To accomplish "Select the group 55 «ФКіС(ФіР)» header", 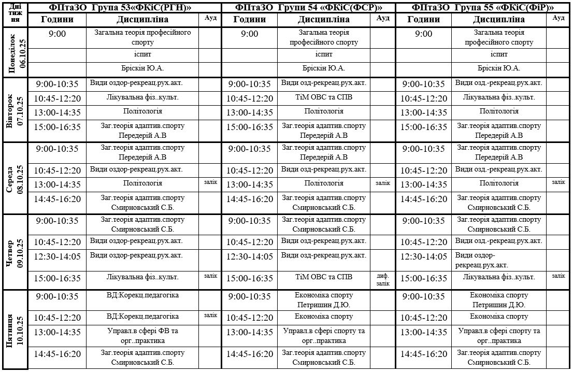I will coord(482,7).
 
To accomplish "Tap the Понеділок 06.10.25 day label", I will coord(16,52).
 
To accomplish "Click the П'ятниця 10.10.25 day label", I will coord(16,330).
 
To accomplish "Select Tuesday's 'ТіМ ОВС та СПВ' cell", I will coord(324,97).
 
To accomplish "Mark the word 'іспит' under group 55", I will coord(499,54).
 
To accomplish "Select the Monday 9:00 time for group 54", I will coord(249,34).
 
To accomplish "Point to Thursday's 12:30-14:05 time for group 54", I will coord(249,256).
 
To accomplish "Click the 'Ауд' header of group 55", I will coord(558,18).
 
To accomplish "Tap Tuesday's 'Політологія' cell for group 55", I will coord(499,111).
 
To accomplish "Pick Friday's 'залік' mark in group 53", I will coord(210,315).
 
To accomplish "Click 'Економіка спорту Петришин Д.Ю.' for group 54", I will coord(324,300).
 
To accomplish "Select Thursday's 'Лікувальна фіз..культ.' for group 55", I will coord(499,278).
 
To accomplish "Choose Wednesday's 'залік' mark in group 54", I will coord(383,182).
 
